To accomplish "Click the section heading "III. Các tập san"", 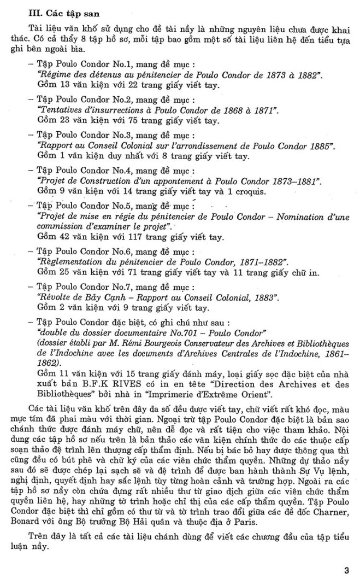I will click(48, 9).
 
